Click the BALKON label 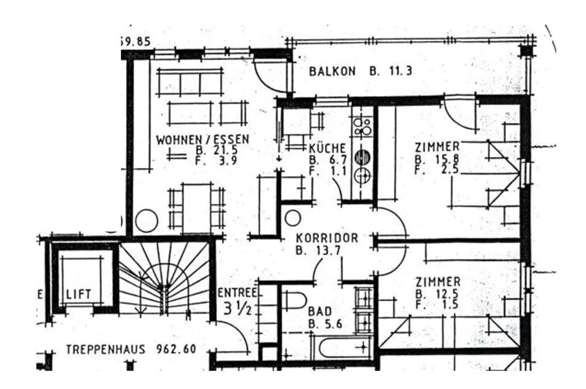(332, 71)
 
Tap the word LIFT (79, 294)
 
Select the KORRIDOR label (327, 238)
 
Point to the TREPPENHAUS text (105, 349)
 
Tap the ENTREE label (238, 293)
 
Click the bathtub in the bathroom (342, 347)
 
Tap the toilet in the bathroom (295, 301)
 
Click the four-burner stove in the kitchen (362, 127)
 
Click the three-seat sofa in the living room (190, 82)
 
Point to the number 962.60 (176, 349)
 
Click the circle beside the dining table (146, 221)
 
